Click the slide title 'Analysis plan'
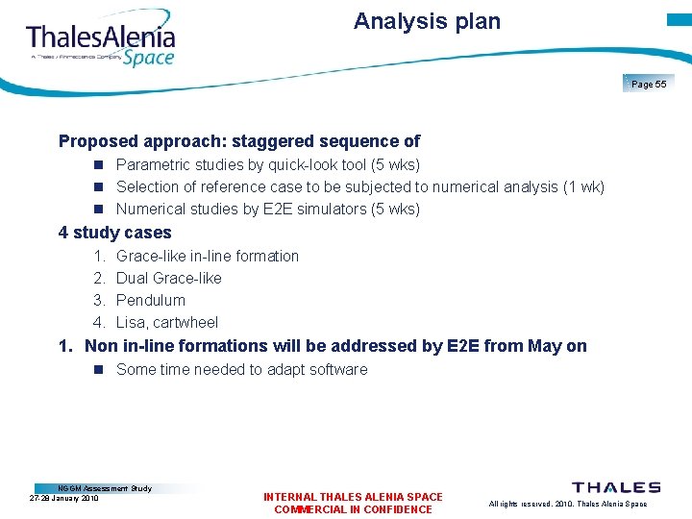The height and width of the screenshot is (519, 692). pyautogui.click(x=427, y=21)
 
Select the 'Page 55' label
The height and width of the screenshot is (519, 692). pyautogui.click(x=649, y=85)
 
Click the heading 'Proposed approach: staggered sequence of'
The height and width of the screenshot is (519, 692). pyautogui.click(x=239, y=141)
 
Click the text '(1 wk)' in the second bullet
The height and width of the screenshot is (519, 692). pyautogui.click(x=582, y=186)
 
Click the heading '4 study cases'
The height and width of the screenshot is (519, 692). pyautogui.click(x=114, y=233)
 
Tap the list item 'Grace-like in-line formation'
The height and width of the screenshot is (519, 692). pyautogui.click(x=207, y=256)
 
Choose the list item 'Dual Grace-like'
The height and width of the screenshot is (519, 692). pyautogui.click(x=168, y=278)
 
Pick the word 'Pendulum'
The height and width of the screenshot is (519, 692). pyautogui.click(x=150, y=300)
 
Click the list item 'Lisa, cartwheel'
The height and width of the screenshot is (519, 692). pyautogui.click(x=166, y=322)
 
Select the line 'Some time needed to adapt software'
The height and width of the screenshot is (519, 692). pyautogui.click(x=241, y=369)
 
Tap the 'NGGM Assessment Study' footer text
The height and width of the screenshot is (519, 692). pyautogui.click(x=105, y=488)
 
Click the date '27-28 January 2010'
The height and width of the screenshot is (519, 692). pyautogui.click(x=64, y=498)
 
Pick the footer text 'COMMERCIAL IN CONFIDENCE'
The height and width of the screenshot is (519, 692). pyautogui.click(x=353, y=509)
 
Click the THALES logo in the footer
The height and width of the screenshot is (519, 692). pyautogui.click(x=616, y=488)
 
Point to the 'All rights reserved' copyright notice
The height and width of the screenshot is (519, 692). pyautogui.click(x=568, y=504)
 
